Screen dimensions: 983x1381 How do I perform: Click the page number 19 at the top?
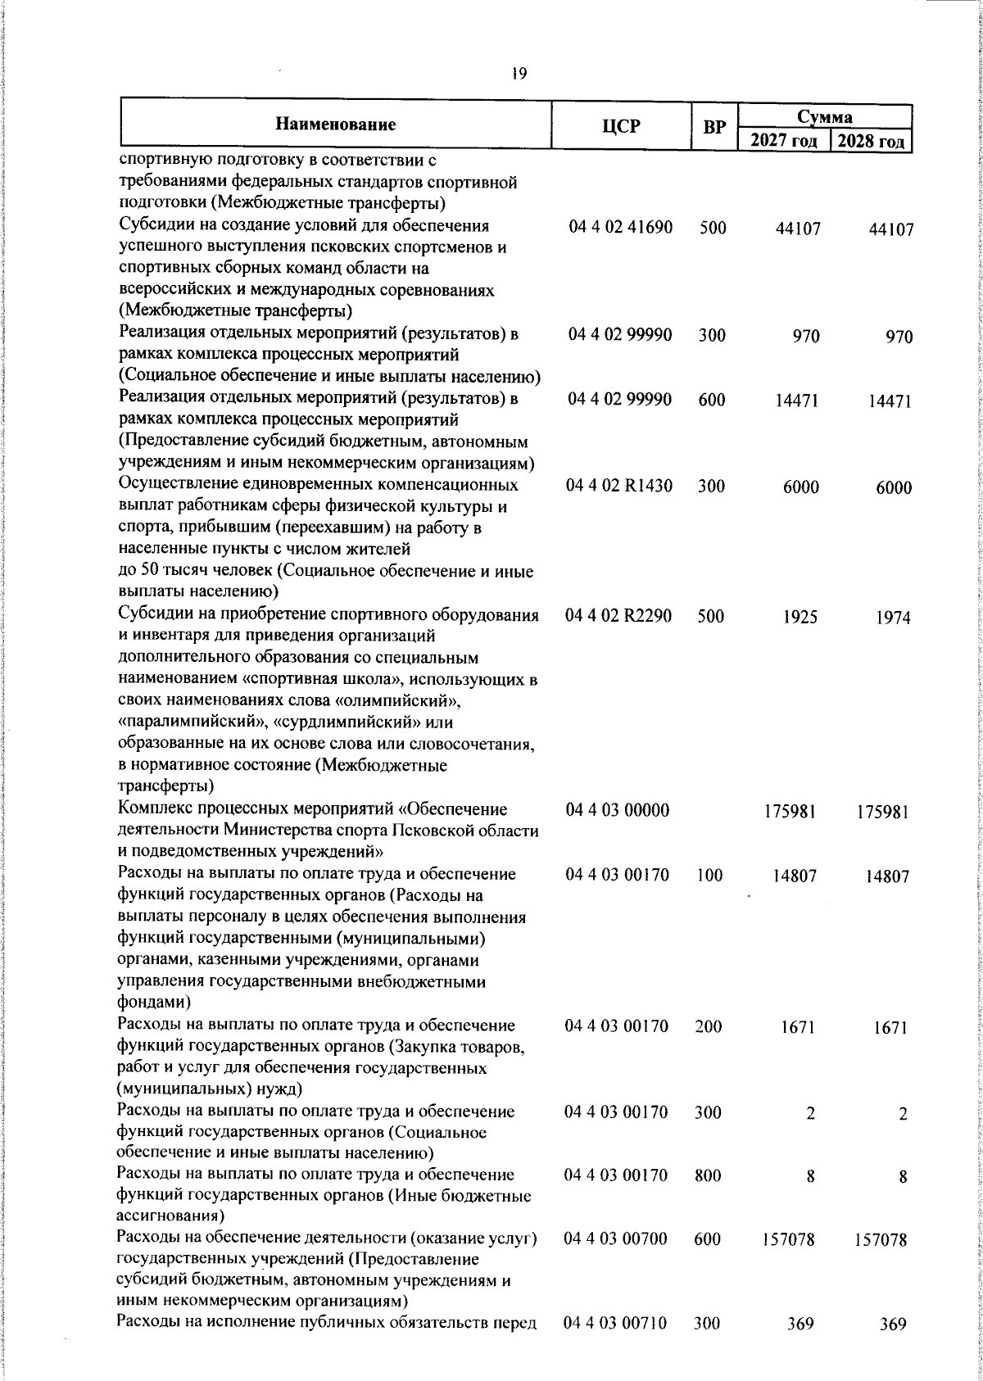coord(518,74)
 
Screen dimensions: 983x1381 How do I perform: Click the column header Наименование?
coord(336,125)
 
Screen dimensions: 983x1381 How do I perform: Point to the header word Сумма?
coord(825,116)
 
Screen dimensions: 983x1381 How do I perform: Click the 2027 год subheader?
coord(784,141)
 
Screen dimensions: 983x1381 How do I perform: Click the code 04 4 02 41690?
coord(620,228)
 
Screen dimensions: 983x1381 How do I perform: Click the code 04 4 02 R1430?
coord(620,486)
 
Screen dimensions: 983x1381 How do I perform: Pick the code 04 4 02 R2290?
coord(620,616)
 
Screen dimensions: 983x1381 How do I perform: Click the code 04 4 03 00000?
coord(619,810)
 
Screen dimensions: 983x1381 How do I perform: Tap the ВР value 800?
coord(708,1176)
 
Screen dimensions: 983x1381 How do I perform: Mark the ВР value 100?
coord(711,875)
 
